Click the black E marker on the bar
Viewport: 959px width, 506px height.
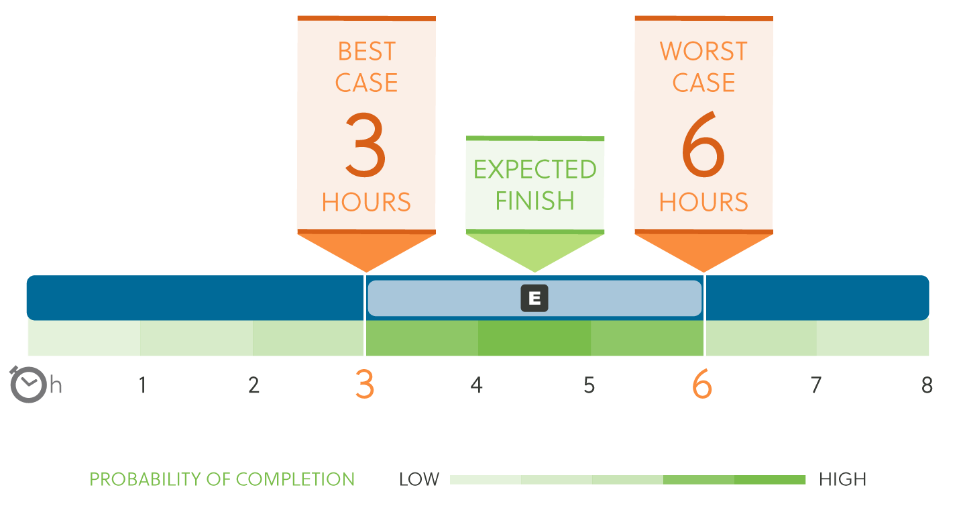[534, 298]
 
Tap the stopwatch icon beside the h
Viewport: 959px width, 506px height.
[27, 385]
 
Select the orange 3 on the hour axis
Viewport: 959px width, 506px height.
[365, 385]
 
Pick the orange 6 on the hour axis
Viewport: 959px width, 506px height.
[702, 385]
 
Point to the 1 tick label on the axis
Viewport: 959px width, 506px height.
[143, 385]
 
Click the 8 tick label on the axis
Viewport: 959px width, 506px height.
[927, 385]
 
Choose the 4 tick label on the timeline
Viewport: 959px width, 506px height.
[477, 385]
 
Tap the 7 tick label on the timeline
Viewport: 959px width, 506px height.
[816, 385]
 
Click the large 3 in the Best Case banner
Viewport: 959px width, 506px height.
[365, 144]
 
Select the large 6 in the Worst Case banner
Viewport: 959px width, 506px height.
[703, 144]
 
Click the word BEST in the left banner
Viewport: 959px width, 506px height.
[366, 52]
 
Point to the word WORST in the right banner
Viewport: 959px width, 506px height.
[703, 52]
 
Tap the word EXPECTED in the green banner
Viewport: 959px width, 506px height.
[534, 169]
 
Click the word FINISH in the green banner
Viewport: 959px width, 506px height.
[534, 201]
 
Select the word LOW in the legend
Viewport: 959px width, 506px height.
[419, 479]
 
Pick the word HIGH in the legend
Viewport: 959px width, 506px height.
[842, 479]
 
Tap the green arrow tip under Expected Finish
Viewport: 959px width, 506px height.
[534, 272]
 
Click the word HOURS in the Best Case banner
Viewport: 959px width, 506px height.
[366, 202]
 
